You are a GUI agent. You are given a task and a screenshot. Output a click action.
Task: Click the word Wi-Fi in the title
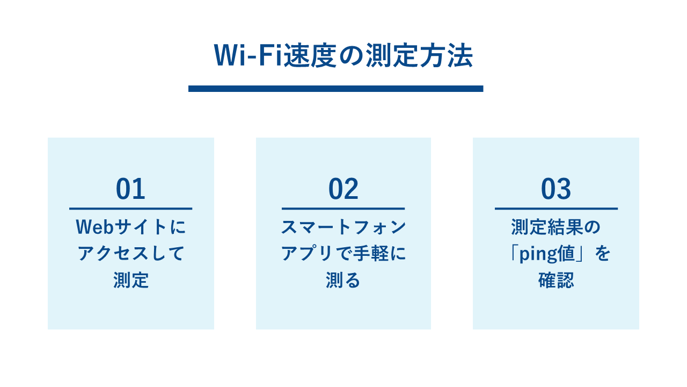click(248, 55)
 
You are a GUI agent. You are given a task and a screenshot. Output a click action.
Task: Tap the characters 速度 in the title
click(310, 55)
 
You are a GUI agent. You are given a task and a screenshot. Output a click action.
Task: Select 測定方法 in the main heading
click(419, 55)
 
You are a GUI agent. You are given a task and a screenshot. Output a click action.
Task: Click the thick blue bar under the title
click(336, 89)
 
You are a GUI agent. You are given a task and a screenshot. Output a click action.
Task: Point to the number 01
click(130, 189)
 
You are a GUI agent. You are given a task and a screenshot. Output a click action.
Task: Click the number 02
click(343, 189)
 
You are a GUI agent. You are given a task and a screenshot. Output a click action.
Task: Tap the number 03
click(556, 189)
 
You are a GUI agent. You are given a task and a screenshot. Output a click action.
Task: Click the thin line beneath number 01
click(130, 209)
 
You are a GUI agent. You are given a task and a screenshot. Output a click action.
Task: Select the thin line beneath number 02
click(343, 209)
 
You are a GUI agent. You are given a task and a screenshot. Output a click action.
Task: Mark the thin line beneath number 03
click(556, 209)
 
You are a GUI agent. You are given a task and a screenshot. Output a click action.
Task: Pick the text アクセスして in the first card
click(131, 254)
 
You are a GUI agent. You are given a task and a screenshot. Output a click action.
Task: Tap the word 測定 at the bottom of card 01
click(131, 280)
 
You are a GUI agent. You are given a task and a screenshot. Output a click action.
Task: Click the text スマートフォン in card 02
click(343, 227)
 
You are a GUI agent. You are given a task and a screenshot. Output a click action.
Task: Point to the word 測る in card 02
click(343, 280)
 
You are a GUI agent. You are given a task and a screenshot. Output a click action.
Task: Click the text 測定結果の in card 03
click(556, 227)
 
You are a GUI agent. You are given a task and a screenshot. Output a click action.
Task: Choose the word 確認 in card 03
click(556, 280)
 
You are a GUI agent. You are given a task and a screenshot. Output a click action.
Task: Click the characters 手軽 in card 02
click(371, 254)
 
